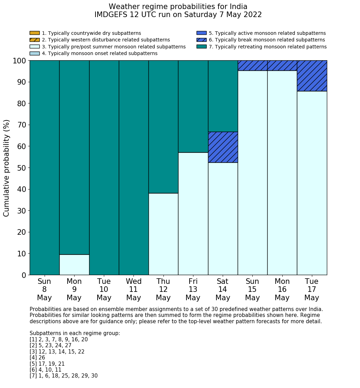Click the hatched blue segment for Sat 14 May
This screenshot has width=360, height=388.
pos(223,147)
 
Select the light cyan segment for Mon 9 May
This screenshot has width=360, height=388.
pos(74,265)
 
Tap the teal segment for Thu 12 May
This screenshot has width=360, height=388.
pos(163,127)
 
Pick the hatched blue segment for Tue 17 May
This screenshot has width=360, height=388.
pos(312,76)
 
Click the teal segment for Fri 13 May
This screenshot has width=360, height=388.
pos(193,106)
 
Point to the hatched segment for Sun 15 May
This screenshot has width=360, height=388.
pos(252,65)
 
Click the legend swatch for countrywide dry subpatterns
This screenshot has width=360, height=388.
pos(35,33)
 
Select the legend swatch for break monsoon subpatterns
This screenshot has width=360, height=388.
pos(201,40)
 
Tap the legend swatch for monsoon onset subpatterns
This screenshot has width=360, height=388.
pos(35,53)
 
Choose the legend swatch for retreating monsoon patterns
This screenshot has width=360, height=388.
pos(201,47)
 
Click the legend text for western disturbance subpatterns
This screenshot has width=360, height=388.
pos(106,40)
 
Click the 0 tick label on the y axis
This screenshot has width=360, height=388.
pos(24,275)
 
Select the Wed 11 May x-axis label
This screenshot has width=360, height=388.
pos(133,289)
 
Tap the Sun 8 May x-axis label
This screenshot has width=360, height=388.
pos(44,289)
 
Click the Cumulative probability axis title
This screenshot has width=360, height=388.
pos(7,168)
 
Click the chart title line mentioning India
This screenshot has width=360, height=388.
pos(178,7)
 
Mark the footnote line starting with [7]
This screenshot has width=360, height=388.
pos(63,376)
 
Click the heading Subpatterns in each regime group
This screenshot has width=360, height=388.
pos(75,333)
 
